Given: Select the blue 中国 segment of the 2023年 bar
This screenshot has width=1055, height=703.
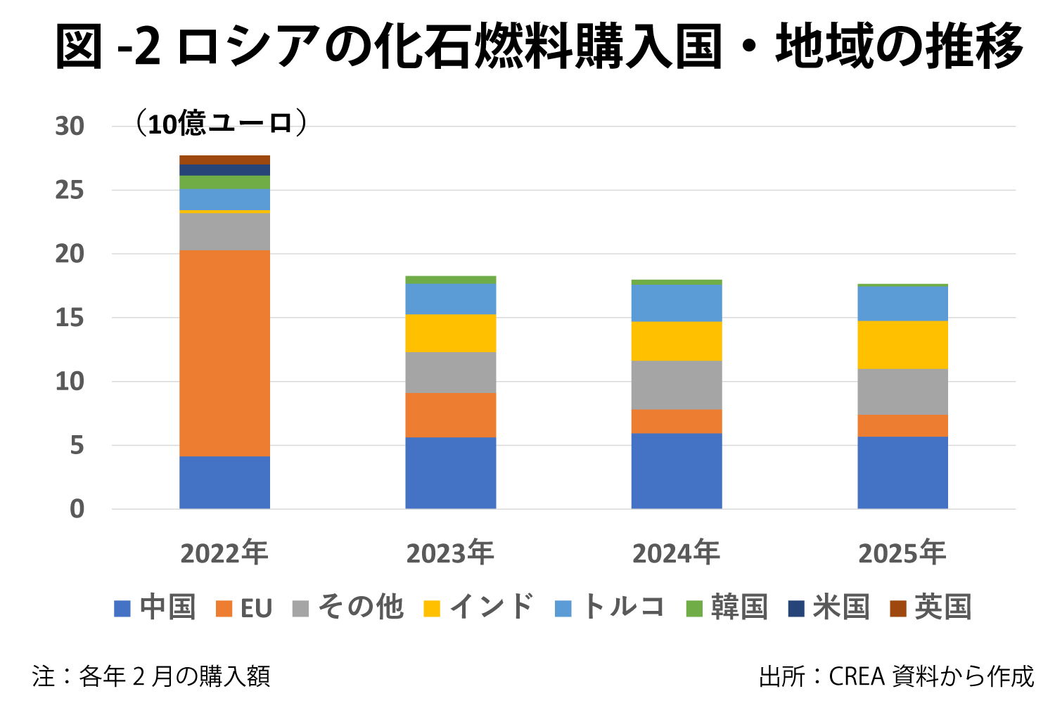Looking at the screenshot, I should click(450, 472).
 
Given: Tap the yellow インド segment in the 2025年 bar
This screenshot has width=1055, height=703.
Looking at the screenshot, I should click(902, 344).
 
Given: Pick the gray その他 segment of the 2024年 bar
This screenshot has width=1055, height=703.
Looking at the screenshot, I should click(677, 385).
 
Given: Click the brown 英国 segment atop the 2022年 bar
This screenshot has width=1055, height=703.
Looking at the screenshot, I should click(224, 160).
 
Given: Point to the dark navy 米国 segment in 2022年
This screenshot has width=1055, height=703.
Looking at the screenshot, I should click(224, 169).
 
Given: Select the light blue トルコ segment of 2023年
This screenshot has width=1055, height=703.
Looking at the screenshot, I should click(450, 299).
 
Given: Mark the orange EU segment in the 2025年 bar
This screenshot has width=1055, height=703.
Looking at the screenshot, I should click(902, 425).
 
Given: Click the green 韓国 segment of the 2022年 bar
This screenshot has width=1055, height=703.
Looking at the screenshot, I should click(224, 182).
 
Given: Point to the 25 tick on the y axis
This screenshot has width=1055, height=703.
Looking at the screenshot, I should click(70, 190).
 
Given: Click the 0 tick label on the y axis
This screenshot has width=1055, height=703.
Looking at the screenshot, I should click(77, 509).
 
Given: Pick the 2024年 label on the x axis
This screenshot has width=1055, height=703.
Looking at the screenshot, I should click(677, 553).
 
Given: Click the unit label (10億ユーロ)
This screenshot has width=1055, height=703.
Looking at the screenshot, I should click(220, 123).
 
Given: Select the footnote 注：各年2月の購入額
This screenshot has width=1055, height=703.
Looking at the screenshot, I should click(151, 676).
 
